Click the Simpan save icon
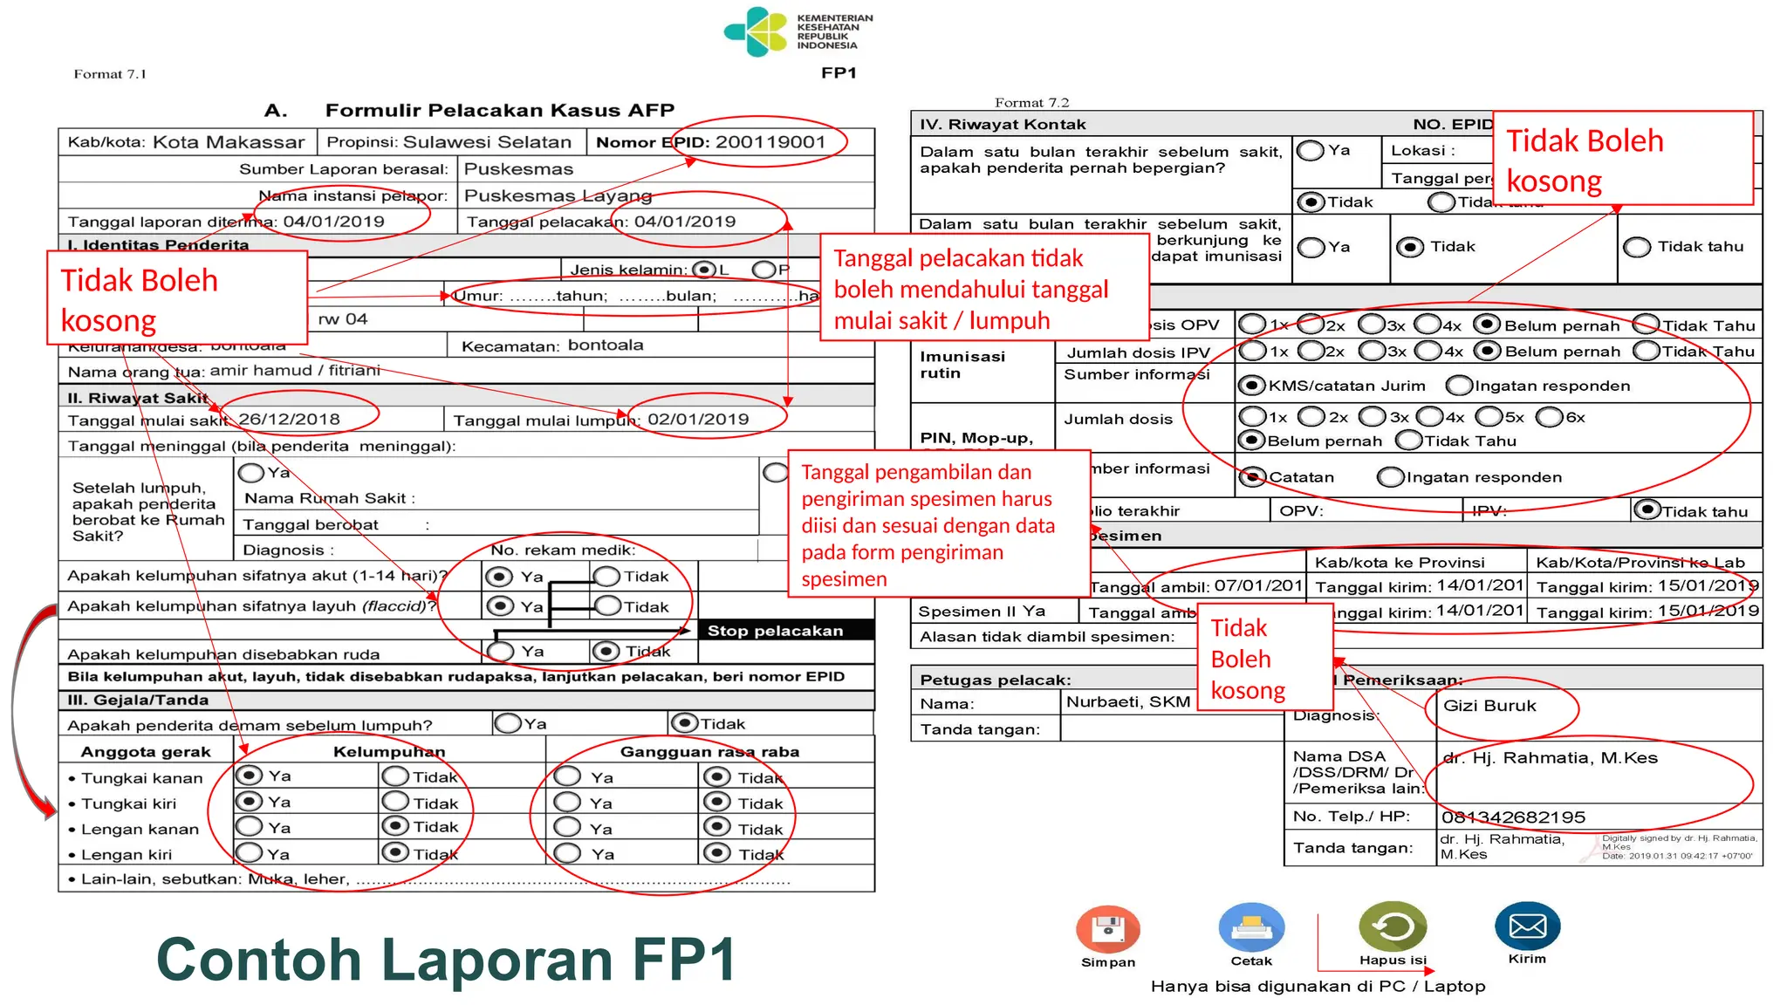click(1107, 928)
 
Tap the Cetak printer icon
click(1251, 927)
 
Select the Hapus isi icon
click(1393, 926)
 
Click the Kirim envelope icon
click(1527, 926)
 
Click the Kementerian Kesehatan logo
click(756, 32)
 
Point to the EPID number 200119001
click(770, 142)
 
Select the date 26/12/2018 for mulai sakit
click(289, 420)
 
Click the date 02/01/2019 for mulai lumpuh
click(698, 420)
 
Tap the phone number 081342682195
click(1513, 817)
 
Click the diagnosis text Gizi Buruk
click(1489, 706)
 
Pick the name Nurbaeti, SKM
click(1127, 702)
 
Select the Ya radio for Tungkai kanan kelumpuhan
click(250, 776)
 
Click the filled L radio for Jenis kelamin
click(703, 270)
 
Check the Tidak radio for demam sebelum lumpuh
click(684, 723)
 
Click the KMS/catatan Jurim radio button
click(1252, 386)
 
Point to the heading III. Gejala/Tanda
click(138, 700)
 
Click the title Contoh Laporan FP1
click(446, 960)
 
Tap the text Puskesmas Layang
click(558, 195)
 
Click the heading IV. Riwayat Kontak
click(1003, 124)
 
